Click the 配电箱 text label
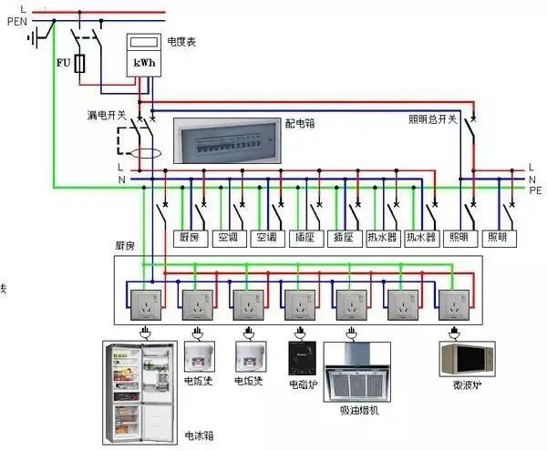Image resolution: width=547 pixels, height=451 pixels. click(x=297, y=121)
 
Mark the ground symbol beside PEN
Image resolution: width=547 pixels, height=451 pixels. click(x=36, y=38)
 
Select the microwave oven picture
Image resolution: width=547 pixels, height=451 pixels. click(x=467, y=357)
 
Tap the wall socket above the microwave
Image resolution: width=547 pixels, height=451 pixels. click(x=453, y=300)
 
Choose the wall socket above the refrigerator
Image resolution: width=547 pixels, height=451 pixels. click(x=143, y=300)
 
